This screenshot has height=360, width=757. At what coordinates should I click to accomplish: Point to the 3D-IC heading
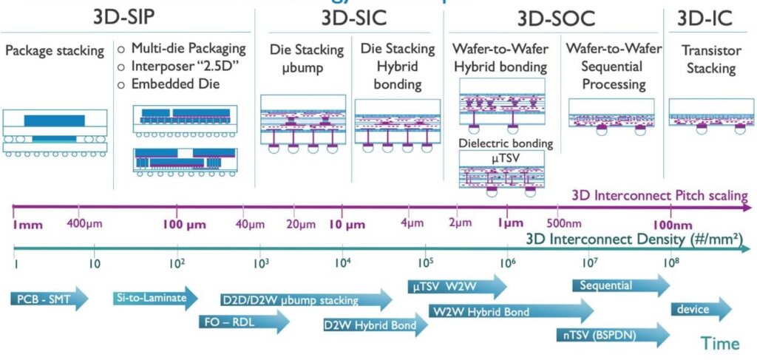point(705,16)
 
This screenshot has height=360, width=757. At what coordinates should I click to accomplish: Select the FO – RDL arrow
point(244,321)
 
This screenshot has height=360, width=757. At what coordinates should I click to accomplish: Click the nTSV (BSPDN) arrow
point(611,335)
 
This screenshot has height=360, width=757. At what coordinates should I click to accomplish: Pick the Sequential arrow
point(617,285)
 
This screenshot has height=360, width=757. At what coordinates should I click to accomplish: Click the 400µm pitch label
point(83,223)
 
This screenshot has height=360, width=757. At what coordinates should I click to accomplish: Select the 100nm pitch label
point(671,224)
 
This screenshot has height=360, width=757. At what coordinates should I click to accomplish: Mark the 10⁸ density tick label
point(671,261)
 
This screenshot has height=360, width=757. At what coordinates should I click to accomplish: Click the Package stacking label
point(55,52)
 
